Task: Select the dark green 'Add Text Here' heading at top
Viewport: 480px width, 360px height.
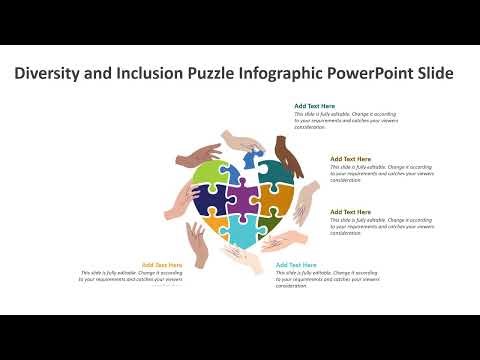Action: click(314, 105)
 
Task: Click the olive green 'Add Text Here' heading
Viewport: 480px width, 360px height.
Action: click(350, 212)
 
